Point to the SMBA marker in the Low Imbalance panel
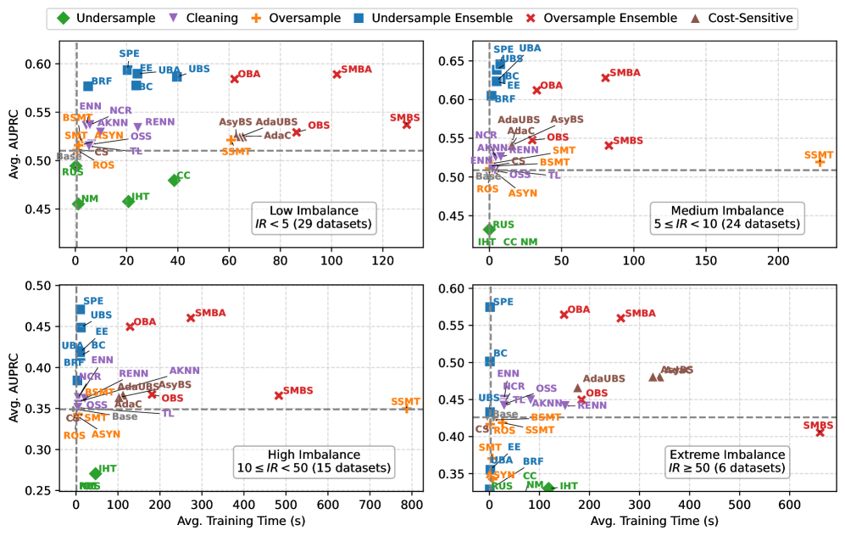pyautogui.click(x=336, y=74)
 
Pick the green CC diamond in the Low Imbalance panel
pyautogui.click(x=174, y=180)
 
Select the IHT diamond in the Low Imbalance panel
pyautogui.click(x=128, y=201)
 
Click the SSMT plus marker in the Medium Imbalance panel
pyautogui.click(x=820, y=161)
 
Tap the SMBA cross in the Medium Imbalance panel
pyautogui.click(x=605, y=77)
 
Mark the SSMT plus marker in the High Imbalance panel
pyautogui.click(x=406, y=408)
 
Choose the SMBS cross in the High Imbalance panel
pyautogui.click(x=279, y=395)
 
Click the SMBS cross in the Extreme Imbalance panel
pyautogui.click(x=820, y=432)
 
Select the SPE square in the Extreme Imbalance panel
pyautogui.click(x=490, y=307)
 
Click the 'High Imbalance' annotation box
pyautogui.click(x=315, y=461)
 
